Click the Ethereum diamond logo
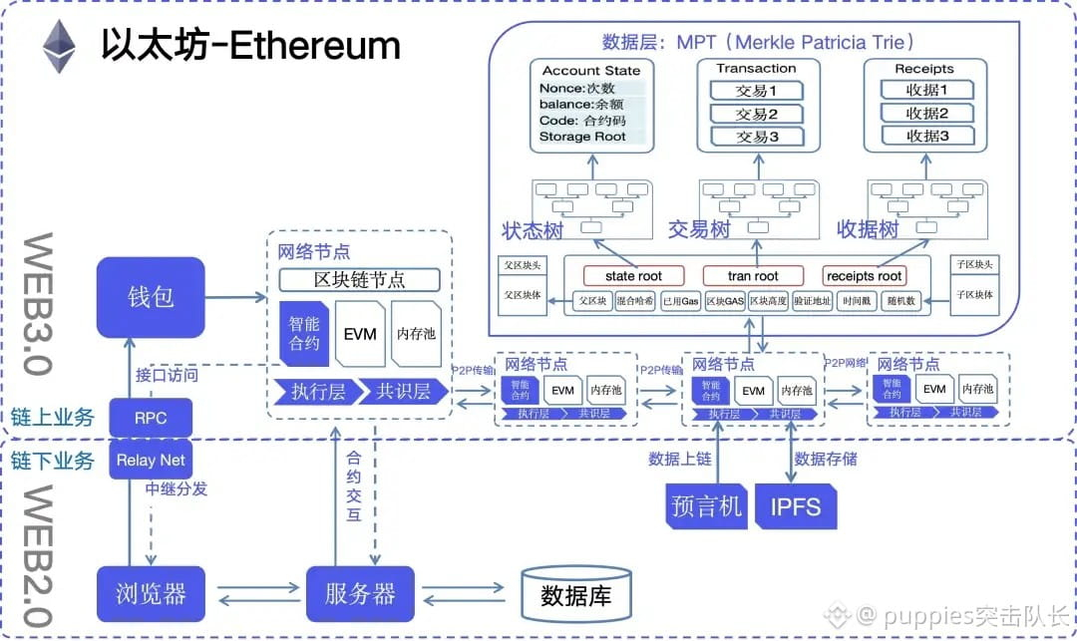[58, 47]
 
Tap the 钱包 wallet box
[151, 296]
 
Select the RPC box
[150, 418]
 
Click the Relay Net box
[150, 460]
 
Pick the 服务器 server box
[359, 595]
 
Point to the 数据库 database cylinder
[575, 596]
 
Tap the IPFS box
[796, 505]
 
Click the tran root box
[753, 275]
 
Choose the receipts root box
[864, 275]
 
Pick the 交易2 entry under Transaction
[756, 114]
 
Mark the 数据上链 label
[679, 459]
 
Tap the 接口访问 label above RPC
[167, 376]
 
